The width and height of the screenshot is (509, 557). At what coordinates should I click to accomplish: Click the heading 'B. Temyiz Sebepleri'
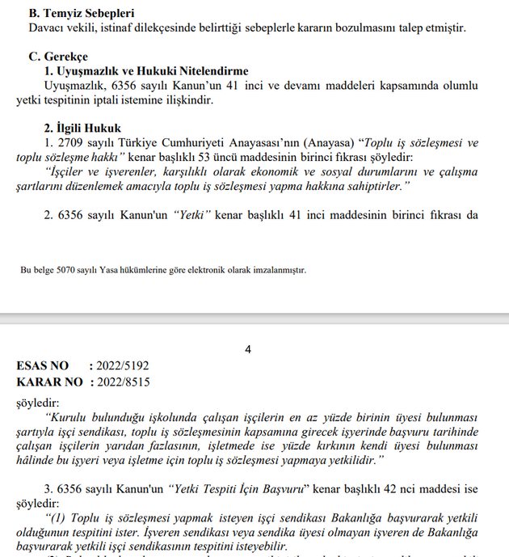[x=81, y=13]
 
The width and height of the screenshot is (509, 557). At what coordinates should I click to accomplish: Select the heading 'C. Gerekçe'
[x=59, y=57]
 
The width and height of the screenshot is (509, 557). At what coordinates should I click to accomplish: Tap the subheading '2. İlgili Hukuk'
[x=82, y=128]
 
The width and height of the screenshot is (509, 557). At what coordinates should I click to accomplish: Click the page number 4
[x=248, y=350]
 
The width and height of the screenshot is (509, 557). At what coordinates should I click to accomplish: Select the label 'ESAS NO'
[x=43, y=366]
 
